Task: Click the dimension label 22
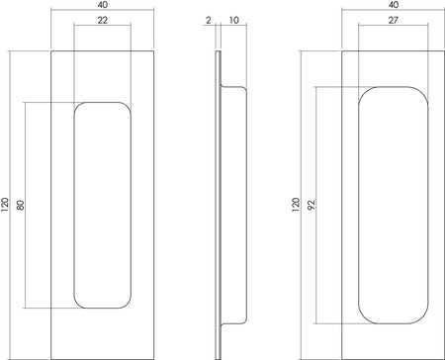(103, 20)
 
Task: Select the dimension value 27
(393, 20)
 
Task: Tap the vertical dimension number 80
(21, 205)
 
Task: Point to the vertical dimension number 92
(311, 205)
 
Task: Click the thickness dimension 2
(208, 20)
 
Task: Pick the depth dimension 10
(233, 20)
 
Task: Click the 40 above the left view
(103, 5)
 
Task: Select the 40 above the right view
(394, 5)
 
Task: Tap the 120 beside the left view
(5, 205)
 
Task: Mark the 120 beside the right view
(296, 205)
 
